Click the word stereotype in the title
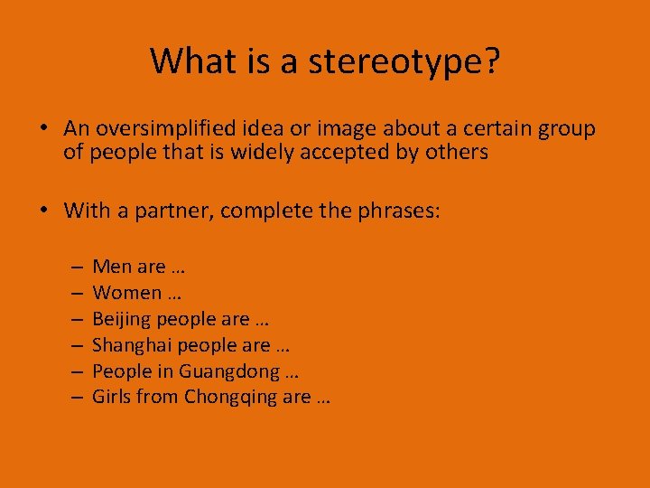tap(404, 61)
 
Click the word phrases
tap(399, 211)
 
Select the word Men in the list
tap(111, 267)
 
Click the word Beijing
tap(122, 319)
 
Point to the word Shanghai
tap(132, 345)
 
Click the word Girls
tap(112, 397)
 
